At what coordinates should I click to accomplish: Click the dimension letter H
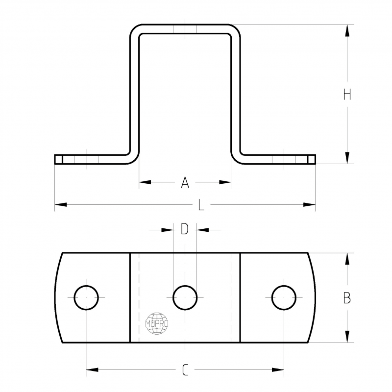[347, 95]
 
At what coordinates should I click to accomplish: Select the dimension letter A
[185, 182]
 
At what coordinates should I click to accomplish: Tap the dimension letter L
[201, 205]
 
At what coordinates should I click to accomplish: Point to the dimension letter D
[185, 229]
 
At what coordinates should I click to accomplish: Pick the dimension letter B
[347, 298]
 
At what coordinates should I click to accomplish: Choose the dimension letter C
[185, 370]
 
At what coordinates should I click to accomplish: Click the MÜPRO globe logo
[157, 323]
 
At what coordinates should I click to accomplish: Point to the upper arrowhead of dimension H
[347, 30]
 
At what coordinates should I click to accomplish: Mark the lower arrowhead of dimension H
[347, 158]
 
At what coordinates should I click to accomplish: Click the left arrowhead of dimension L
[61, 205]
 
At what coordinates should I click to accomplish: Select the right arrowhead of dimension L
[309, 205]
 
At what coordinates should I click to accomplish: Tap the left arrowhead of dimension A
[145, 182]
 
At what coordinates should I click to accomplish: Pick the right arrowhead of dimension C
[278, 370]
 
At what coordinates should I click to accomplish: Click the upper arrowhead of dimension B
[347, 259]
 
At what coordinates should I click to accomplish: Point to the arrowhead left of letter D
[168, 230]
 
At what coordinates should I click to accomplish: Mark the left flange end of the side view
[58, 159]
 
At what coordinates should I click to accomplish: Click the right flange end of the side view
[312, 159]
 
